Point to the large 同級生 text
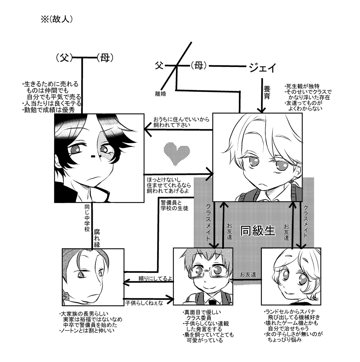(x=258, y=231)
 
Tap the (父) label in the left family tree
(x=65, y=58)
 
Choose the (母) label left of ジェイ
(x=198, y=65)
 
